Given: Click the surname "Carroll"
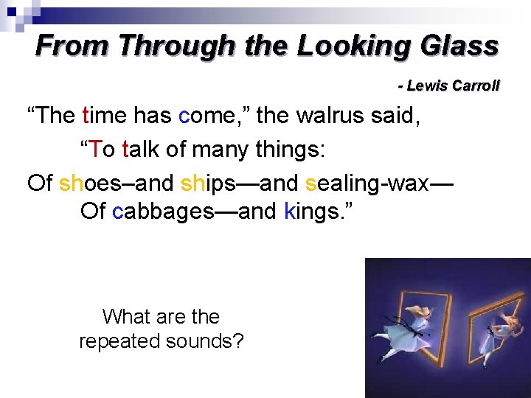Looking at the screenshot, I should pyautogui.click(x=476, y=85).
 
